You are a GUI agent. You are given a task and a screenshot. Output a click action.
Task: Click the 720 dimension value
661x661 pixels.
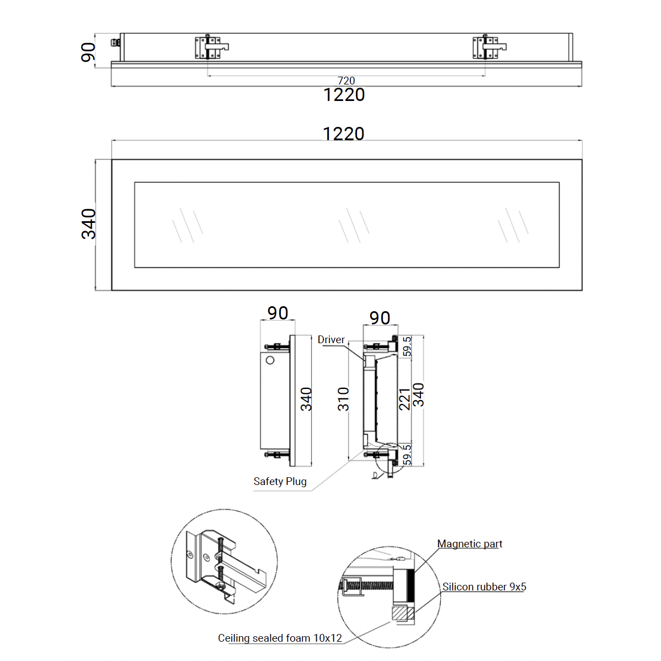click(346, 80)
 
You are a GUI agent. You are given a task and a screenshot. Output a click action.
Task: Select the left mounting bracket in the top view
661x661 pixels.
click(212, 47)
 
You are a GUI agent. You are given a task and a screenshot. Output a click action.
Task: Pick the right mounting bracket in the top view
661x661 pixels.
click(489, 47)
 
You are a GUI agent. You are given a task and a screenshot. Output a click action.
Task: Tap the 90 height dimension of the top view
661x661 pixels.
click(88, 52)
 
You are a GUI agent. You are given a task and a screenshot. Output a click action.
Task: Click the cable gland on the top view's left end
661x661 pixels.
click(115, 42)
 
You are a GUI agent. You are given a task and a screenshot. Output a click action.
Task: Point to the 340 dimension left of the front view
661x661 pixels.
click(88, 224)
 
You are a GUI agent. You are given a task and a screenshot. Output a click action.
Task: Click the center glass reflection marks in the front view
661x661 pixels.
click(354, 225)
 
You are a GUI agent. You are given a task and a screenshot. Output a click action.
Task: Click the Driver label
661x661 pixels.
click(331, 339)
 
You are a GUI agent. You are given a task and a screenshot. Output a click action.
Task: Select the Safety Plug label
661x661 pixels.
click(280, 482)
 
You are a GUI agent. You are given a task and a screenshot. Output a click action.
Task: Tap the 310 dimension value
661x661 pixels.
click(343, 399)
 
